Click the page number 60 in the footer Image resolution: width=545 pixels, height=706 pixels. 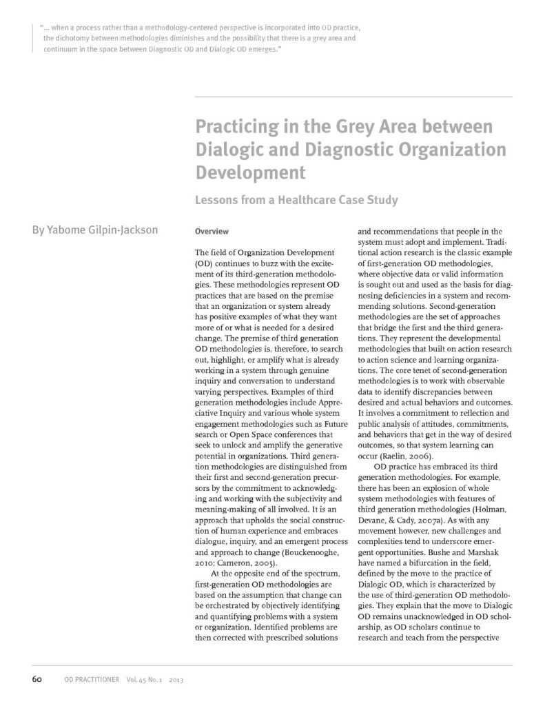(x=38, y=679)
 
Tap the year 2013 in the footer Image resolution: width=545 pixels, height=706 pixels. (x=169, y=680)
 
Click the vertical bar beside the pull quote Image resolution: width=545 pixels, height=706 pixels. (x=33, y=38)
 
